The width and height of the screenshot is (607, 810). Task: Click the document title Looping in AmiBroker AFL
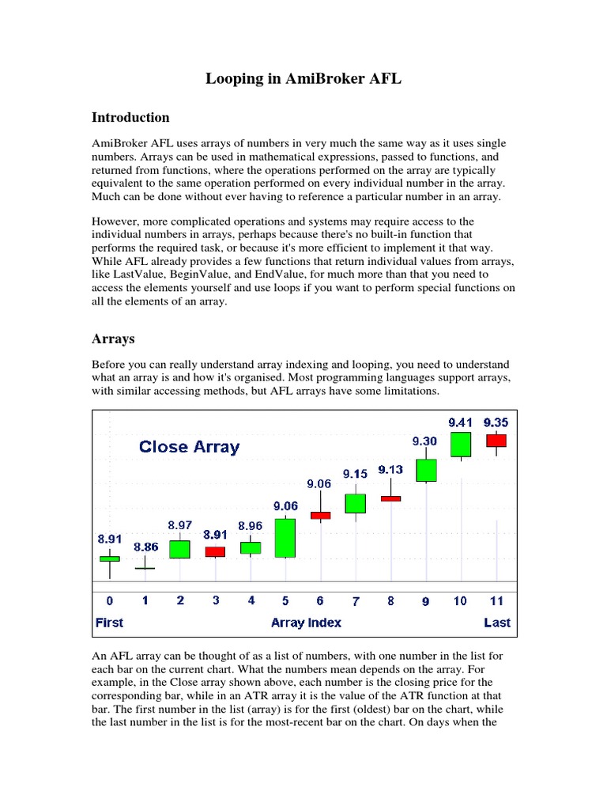click(303, 78)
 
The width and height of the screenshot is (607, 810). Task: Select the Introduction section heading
click(130, 117)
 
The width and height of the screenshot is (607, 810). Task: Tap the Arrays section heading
click(113, 339)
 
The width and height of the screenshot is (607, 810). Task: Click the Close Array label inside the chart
click(189, 446)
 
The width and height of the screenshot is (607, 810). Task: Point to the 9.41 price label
click(461, 422)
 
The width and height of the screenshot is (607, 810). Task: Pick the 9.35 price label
click(496, 422)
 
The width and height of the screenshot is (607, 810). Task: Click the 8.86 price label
click(145, 546)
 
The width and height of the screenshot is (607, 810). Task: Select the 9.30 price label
click(426, 441)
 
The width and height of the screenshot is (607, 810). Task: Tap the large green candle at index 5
click(285, 538)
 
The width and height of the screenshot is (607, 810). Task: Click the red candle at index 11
click(496, 440)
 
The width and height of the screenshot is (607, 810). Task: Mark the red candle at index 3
click(215, 551)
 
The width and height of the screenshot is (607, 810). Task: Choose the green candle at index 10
click(461, 445)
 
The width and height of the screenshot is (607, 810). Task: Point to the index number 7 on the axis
click(356, 601)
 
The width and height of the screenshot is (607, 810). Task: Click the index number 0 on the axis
click(109, 601)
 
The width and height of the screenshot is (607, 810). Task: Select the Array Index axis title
click(306, 623)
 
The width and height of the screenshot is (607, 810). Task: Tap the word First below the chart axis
click(109, 623)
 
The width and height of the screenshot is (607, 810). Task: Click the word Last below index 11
click(496, 623)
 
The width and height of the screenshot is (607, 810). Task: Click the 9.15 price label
click(355, 473)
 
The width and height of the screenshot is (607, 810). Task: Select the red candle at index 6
click(320, 515)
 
